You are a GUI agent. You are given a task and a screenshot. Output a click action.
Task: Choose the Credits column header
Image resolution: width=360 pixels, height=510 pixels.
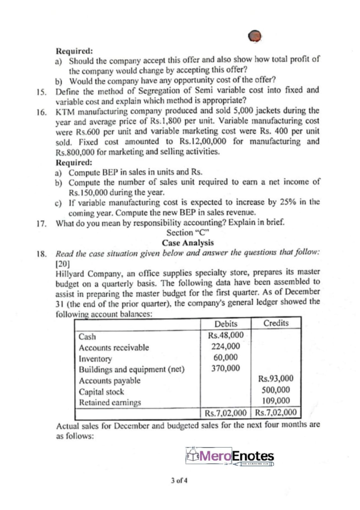tap(275, 323)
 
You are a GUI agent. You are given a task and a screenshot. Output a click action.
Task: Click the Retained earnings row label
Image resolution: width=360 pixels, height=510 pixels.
tap(106, 402)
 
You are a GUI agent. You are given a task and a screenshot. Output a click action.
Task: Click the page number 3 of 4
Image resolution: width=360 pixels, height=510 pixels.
tap(180, 481)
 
